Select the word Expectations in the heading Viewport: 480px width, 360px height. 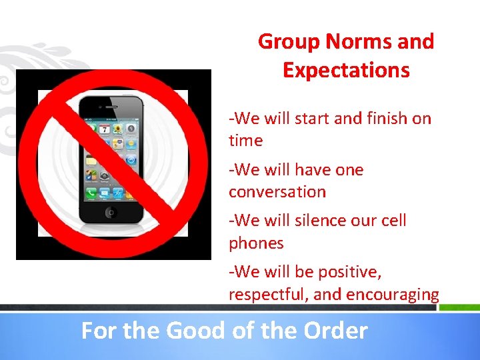pyautogui.click(x=346, y=70)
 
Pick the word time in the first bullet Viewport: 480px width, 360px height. pyautogui.click(x=245, y=141)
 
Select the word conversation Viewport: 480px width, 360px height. pyautogui.click(x=277, y=192)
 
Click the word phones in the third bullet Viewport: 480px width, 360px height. pyautogui.click(x=256, y=243)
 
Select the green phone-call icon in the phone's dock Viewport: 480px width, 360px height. pyautogui.click(x=90, y=193)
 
